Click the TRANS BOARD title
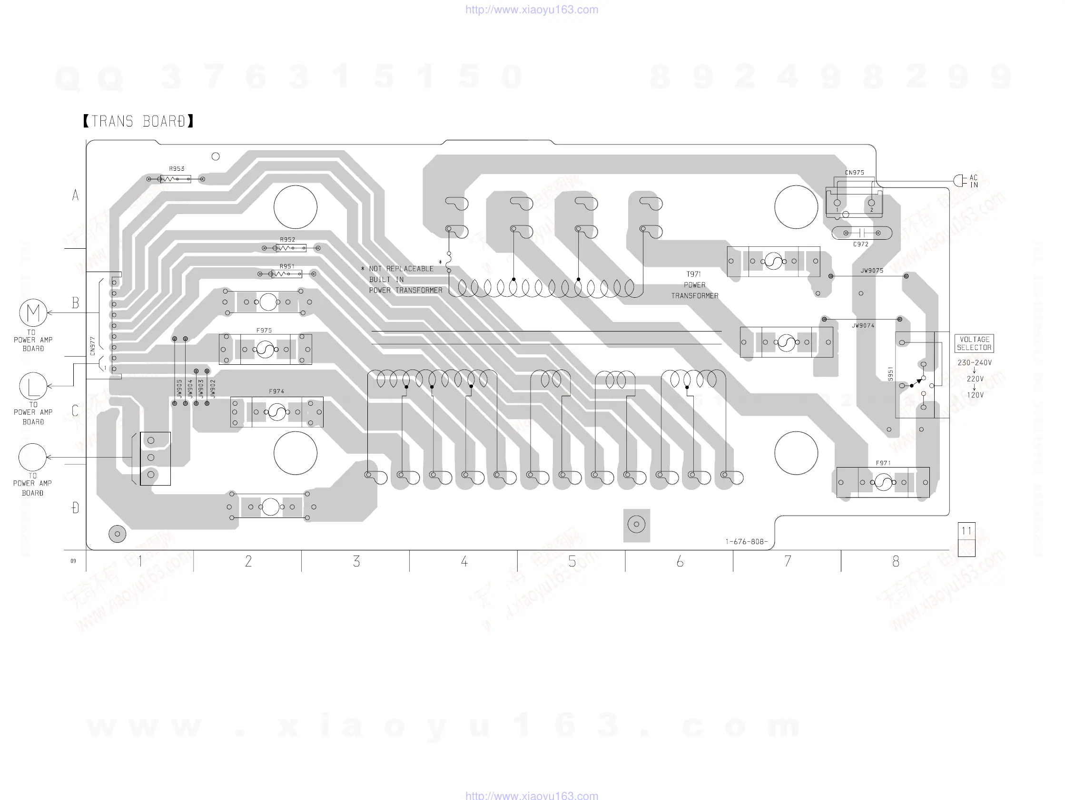(x=138, y=121)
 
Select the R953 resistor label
(x=177, y=169)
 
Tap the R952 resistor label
(x=287, y=240)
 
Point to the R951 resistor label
(x=287, y=266)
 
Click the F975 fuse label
(x=264, y=331)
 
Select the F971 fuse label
(x=883, y=463)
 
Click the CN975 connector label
(x=855, y=173)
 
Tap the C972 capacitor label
(x=861, y=244)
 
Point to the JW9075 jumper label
(x=872, y=271)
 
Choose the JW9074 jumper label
(x=863, y=326)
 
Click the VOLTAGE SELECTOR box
(x=974, y=344)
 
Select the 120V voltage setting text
(x=975, y=395)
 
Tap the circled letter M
(x=33, y=313)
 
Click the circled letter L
(x=33, y=386)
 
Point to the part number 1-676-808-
(x=746, y=542)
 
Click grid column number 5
(x=572, y=562)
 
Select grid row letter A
(x=75, y=195)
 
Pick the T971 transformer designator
(x=694, y=274)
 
